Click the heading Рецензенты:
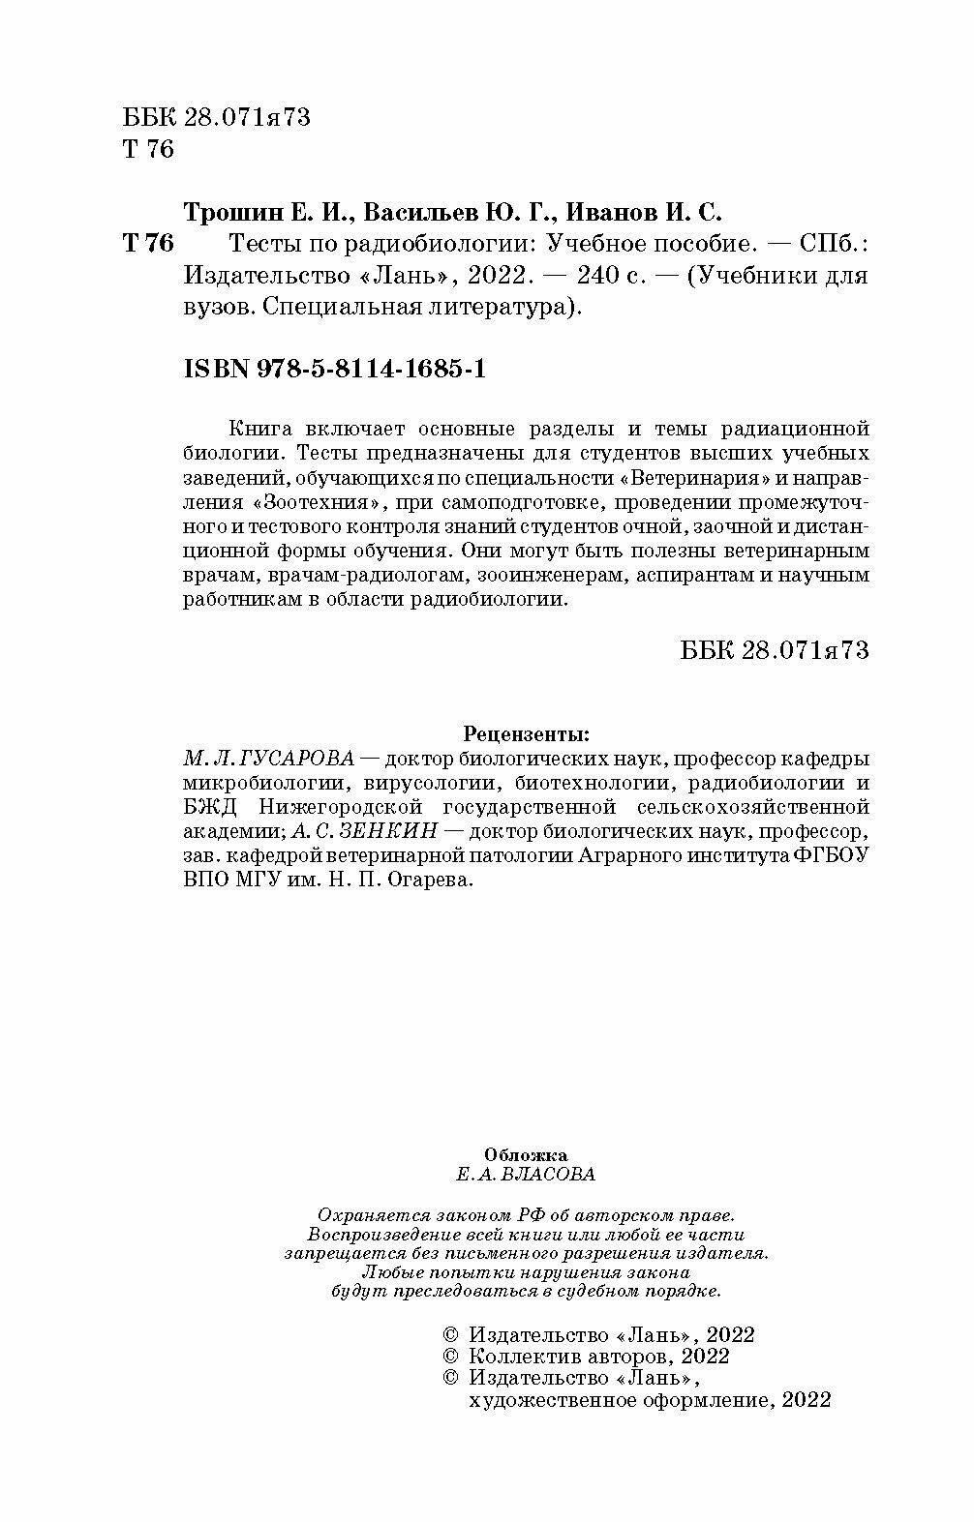[x=526, y=732]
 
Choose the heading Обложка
[x=525, y=1154]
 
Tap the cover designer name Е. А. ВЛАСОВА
[x=525, y=1175]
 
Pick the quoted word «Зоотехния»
[x=306, y=503]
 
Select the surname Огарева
[x=423, y=881]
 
